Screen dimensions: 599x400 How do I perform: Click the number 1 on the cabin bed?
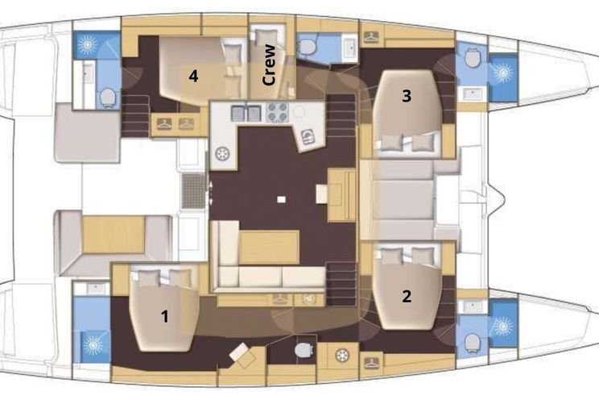[165, 317]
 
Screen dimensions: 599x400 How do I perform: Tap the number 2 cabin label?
[407, 296]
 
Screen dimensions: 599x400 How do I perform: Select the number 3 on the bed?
[407, 96]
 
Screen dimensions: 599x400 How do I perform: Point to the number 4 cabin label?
[193, 76]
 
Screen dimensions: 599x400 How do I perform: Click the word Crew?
[270, 65]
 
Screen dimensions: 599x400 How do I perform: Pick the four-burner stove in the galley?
[278, 112]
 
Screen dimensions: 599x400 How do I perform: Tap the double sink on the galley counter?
[246, 113]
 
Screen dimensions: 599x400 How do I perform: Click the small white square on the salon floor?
[282, 199]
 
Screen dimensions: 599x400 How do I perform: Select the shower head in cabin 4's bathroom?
[88, 45]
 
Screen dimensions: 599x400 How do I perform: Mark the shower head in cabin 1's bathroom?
[93, 346]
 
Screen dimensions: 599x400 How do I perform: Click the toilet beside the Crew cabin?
[306, 47]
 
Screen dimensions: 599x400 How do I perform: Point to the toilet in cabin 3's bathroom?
[473, 58]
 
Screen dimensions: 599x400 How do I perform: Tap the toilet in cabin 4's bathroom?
[108, 98]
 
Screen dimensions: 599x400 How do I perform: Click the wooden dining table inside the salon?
[270, 247]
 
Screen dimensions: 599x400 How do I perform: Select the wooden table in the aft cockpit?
[114, 234]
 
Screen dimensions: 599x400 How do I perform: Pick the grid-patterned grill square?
[194, 191]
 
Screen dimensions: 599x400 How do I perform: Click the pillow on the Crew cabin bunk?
[264, 38]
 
